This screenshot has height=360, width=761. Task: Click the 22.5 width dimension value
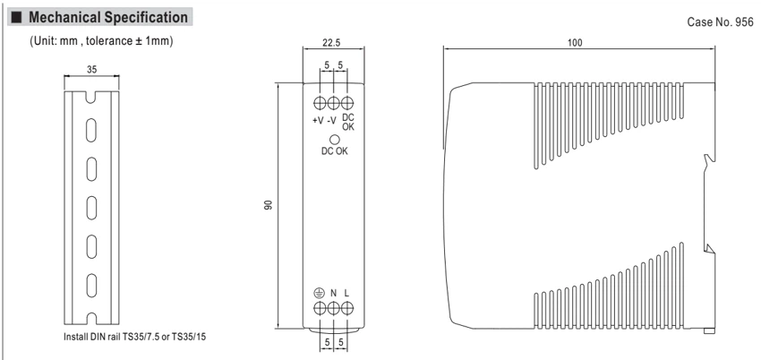coord(333,42)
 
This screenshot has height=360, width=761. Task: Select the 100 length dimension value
coord(575,42)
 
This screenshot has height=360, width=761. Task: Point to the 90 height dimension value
coord(269,205)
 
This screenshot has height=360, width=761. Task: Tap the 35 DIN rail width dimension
coord(91,69)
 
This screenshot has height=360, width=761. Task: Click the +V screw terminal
coord(320,103)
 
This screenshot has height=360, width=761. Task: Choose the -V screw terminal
coord(333,103)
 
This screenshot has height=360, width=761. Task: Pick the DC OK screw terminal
coord(346,103)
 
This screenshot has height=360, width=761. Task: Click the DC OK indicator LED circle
coord(334,139)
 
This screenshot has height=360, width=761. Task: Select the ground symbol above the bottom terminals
coord(319,293)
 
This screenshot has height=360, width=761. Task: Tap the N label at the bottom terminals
coord(333,293)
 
